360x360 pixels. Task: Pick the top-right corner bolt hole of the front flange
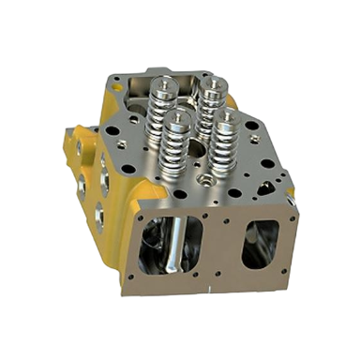tap(294, 217)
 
